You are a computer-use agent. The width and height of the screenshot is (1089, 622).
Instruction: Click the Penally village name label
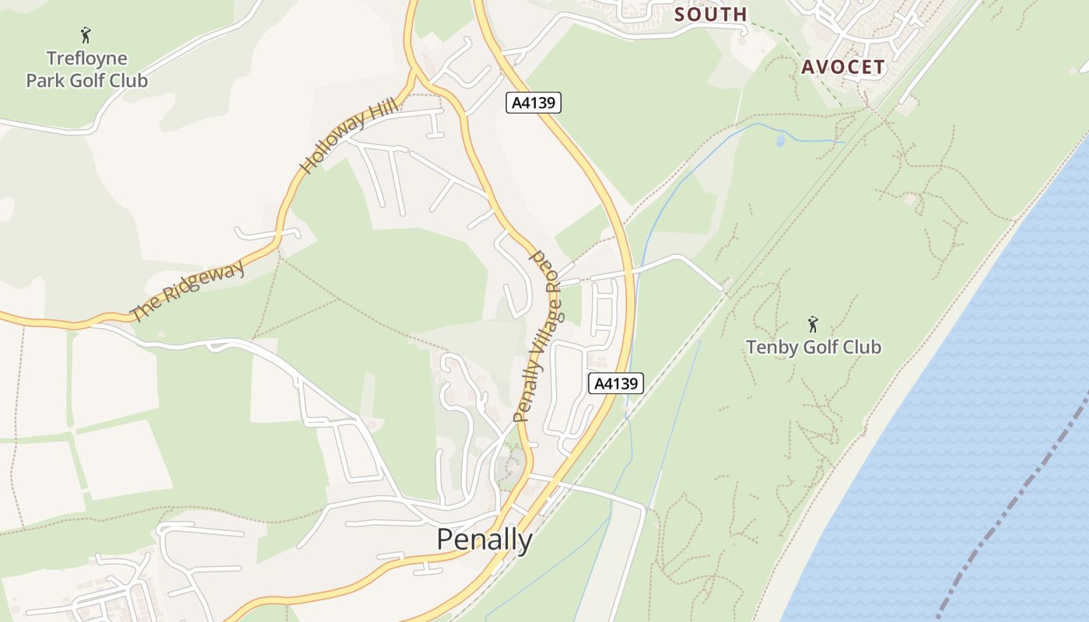click(484, 540)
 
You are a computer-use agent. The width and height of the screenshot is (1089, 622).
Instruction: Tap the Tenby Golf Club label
click(814, 347)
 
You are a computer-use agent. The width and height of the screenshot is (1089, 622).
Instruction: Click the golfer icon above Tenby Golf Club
click(813, 323)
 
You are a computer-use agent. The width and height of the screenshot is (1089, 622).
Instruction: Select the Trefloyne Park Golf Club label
click(86, 69)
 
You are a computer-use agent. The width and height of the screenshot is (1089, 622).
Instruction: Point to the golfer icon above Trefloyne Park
click(86, 35)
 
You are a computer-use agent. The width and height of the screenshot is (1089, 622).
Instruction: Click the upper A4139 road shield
click(534, 102)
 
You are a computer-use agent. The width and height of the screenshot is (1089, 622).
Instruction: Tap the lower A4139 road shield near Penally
click(616, 383)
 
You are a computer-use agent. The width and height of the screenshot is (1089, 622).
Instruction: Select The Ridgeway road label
click(187, 291)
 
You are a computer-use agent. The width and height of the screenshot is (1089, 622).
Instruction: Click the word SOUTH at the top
click(710, 14)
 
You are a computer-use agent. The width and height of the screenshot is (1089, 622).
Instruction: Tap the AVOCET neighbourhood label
click(843, 67)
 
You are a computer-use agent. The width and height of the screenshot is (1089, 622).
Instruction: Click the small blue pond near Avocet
click(781, 140)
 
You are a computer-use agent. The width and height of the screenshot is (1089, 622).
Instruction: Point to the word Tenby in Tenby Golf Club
click(771, 347)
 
